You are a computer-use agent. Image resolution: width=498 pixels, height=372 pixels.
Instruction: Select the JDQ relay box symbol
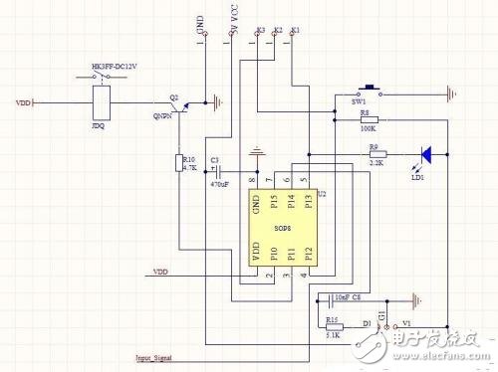[101, 101]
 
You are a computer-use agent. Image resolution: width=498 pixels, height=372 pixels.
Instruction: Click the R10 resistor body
[180, 164]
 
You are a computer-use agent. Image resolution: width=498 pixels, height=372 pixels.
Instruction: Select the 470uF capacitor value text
[220, 184]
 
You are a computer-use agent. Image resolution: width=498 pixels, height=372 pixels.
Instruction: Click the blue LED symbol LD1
[425, 154]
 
